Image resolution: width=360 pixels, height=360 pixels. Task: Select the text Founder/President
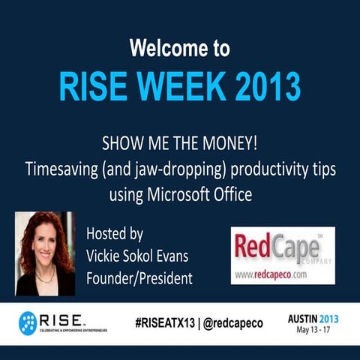tap(139, 278)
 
